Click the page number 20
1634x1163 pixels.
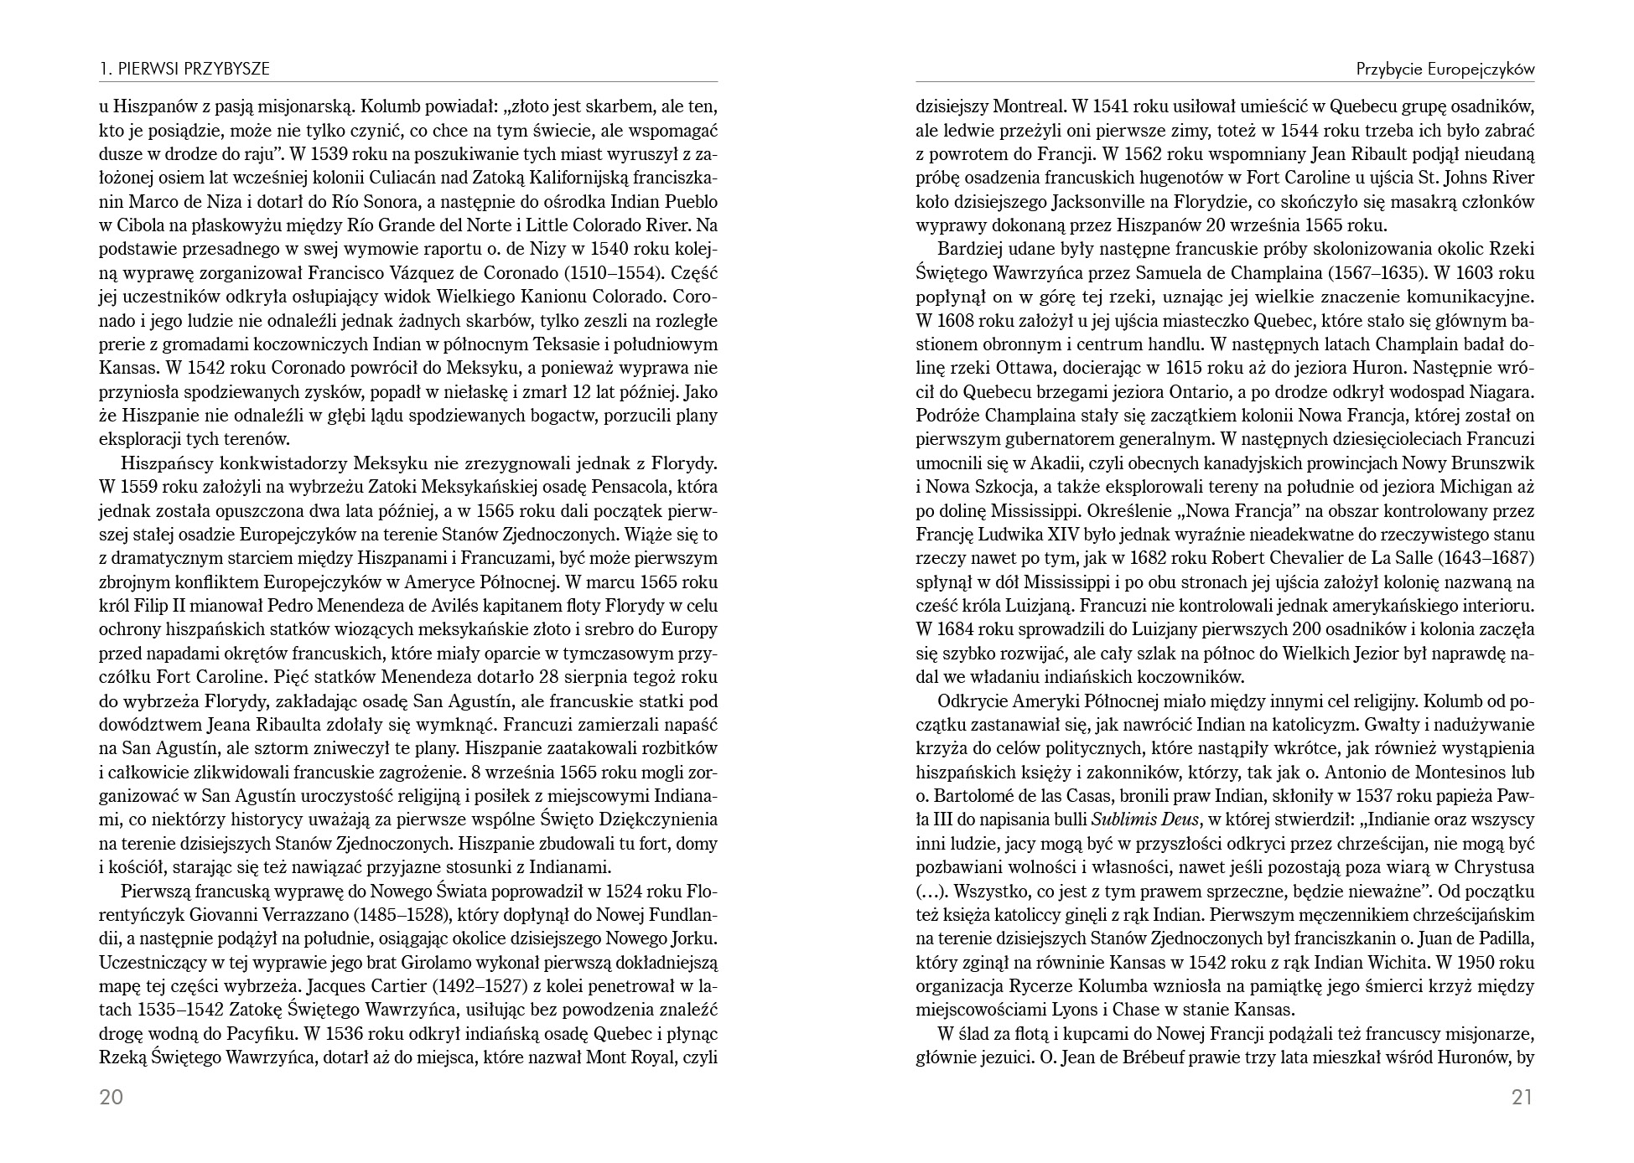(112, 1098)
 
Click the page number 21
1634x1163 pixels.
(1522, 1098)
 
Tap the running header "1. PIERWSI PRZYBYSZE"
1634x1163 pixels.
(184, 70)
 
